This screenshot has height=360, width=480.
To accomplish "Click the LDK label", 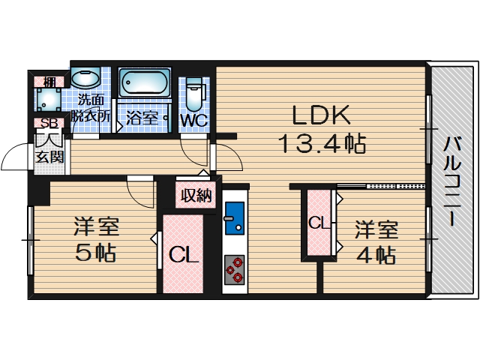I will (321, 115).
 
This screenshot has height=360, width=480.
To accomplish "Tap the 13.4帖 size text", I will (322, 142).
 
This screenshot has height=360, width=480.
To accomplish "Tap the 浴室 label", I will (141, 118).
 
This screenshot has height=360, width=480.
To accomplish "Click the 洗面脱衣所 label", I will (91, 109).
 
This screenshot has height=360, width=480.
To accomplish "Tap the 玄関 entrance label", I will (49, 157).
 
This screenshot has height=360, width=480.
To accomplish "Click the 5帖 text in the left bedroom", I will (95, 253).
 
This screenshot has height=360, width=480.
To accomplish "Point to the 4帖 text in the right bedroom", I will (376, 254).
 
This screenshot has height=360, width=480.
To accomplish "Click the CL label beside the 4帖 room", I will (319, 223).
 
